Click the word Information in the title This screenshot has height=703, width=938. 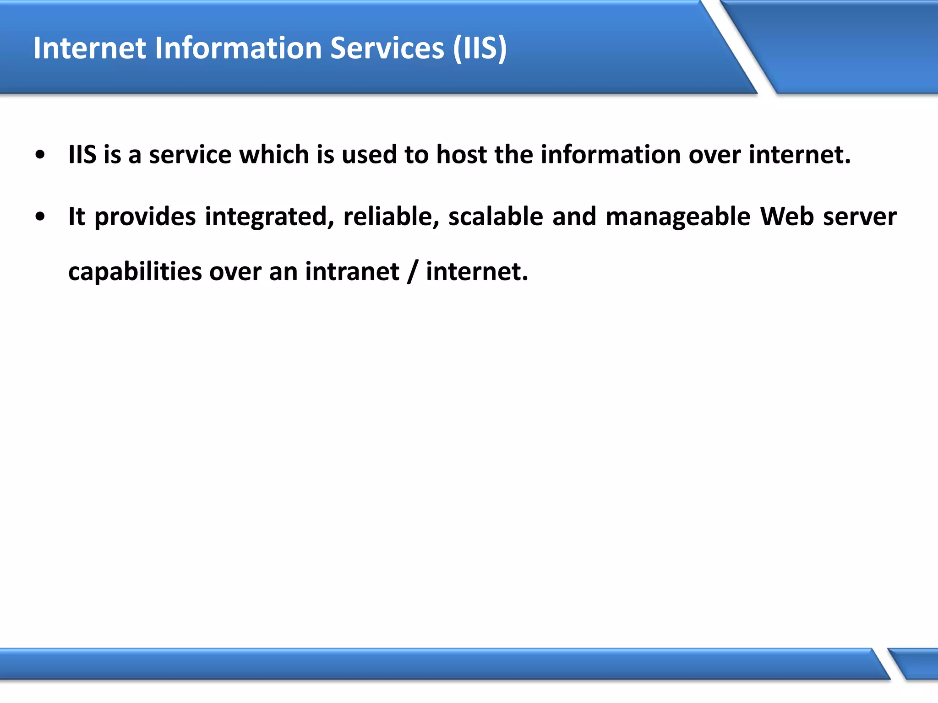(238, 48)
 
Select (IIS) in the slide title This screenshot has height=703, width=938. (480, 48)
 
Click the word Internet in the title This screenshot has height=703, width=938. (89, 48)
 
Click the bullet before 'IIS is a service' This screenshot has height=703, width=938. (40, 155)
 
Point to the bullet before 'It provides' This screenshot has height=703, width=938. (40, 217)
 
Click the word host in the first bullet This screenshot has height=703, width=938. (461, 155)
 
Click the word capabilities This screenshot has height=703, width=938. (135, 272)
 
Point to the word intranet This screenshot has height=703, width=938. (352, 271)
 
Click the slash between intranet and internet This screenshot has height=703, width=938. (413, 272)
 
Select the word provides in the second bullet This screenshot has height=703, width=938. (145, 217)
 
